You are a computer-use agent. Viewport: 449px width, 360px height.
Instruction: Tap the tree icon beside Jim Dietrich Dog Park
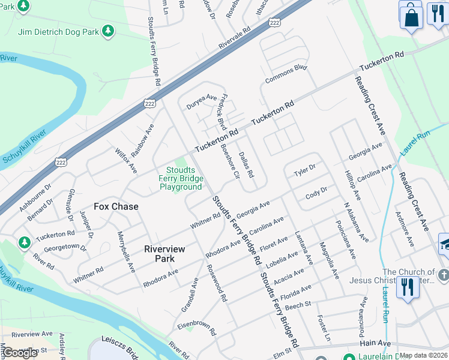[108, 30]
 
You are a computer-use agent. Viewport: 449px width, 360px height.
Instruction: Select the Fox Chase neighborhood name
[116, 206]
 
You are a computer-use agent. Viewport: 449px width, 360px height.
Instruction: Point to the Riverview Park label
[164, 254]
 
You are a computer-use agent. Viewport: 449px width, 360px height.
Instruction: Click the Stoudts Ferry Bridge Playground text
[181, 178]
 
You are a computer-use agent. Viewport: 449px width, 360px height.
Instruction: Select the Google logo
[20, 353]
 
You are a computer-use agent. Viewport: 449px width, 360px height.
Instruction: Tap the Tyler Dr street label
[304, 172]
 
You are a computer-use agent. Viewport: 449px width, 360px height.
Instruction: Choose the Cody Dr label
[316, 193]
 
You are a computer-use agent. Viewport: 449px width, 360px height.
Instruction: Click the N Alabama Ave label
[356, 221]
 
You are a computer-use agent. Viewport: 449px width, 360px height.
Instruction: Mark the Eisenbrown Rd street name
[196, 328]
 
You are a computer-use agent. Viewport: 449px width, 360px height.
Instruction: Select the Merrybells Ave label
[126, 252]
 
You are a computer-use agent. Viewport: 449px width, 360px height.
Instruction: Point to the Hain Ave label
[375, 343]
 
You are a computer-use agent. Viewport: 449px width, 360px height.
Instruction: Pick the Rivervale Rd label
[234, 36]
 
